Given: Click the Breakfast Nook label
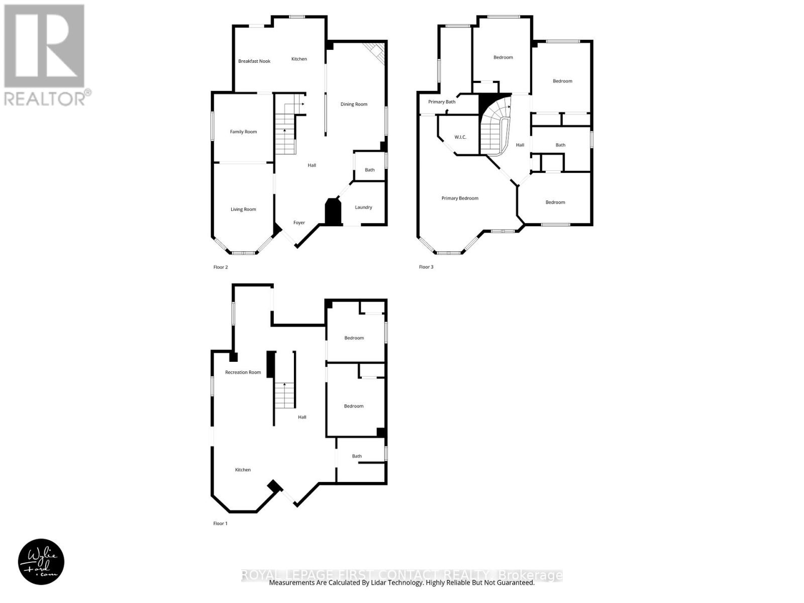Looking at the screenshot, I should click(254, 61).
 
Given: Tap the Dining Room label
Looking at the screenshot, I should click(354, 105).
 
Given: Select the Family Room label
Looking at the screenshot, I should click(243, 132).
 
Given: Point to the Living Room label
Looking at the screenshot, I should click(243, 210).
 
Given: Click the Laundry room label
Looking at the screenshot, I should click(363, 208).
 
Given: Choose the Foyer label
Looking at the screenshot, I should click(299, 223).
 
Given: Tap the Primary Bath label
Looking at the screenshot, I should click(442, 102).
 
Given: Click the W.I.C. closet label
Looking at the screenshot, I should click(460, 137).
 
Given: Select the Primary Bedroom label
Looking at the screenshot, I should click(460, 198).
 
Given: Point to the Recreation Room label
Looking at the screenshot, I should click(243, 372).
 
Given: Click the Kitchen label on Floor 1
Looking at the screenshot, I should click(243, 470).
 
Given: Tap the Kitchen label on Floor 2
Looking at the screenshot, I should click(299, 59).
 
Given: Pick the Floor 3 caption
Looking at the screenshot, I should click(426, 267).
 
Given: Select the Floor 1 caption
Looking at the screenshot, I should click(220, 524).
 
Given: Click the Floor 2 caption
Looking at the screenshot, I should click(220, 267).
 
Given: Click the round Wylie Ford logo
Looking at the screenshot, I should click(41, 562).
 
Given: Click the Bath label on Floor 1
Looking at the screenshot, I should click(357, 456).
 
